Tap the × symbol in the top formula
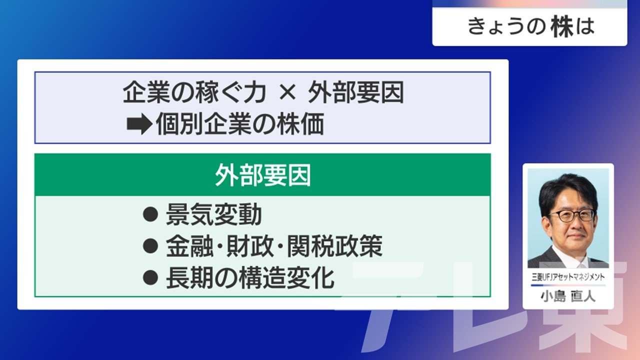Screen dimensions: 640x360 tap(287, 92)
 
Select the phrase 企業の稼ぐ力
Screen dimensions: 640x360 tap(194, 92)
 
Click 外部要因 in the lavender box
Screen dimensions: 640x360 tap(356, 92)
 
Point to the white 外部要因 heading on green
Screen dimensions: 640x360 tap(262, 175)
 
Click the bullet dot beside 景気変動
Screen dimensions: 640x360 tap(150, 214)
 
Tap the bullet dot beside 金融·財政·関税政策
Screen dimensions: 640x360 tap(150, 245)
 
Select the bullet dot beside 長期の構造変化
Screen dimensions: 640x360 tap(150, 277)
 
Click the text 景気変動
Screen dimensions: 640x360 tap(213, 214)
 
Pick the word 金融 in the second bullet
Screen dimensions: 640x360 tap(189, 246)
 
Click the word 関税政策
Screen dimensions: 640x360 tap(334, 246)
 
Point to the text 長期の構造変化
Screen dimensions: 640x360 tap(250, 277)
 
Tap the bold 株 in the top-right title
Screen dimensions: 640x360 tap(562, 27)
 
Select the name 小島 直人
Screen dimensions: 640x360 tap(568, 296)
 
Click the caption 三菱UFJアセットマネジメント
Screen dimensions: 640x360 tap(568, 277)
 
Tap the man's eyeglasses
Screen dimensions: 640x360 tap(572, 215)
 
